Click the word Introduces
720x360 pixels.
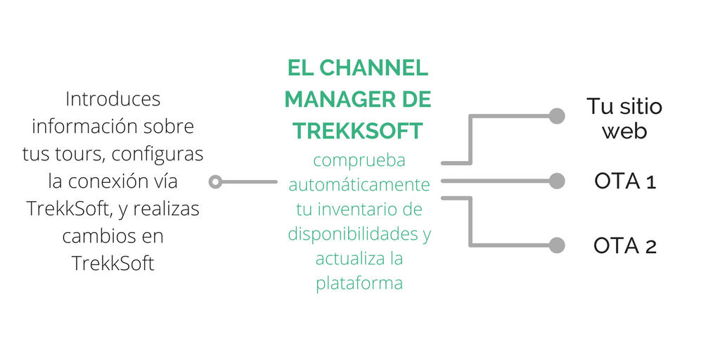pos(112,100)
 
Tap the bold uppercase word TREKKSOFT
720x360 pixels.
pos(358,130)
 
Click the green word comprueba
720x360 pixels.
pos(359,160)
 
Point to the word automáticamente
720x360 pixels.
pos(359,185)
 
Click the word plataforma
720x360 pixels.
pos(359,283)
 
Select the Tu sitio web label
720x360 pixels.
pos(624,118)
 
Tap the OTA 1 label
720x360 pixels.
pos(624,181)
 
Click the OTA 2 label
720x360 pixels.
pos(624,245)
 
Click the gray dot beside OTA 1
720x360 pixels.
pos(557,181)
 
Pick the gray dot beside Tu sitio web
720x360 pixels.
pos(557,116)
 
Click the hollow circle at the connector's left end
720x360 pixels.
pos(216,182)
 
